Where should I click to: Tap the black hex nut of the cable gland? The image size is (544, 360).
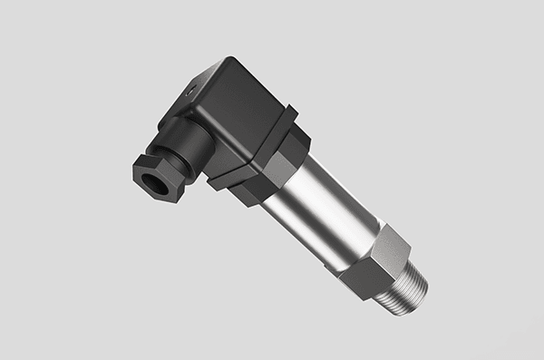tap(160, 175)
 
